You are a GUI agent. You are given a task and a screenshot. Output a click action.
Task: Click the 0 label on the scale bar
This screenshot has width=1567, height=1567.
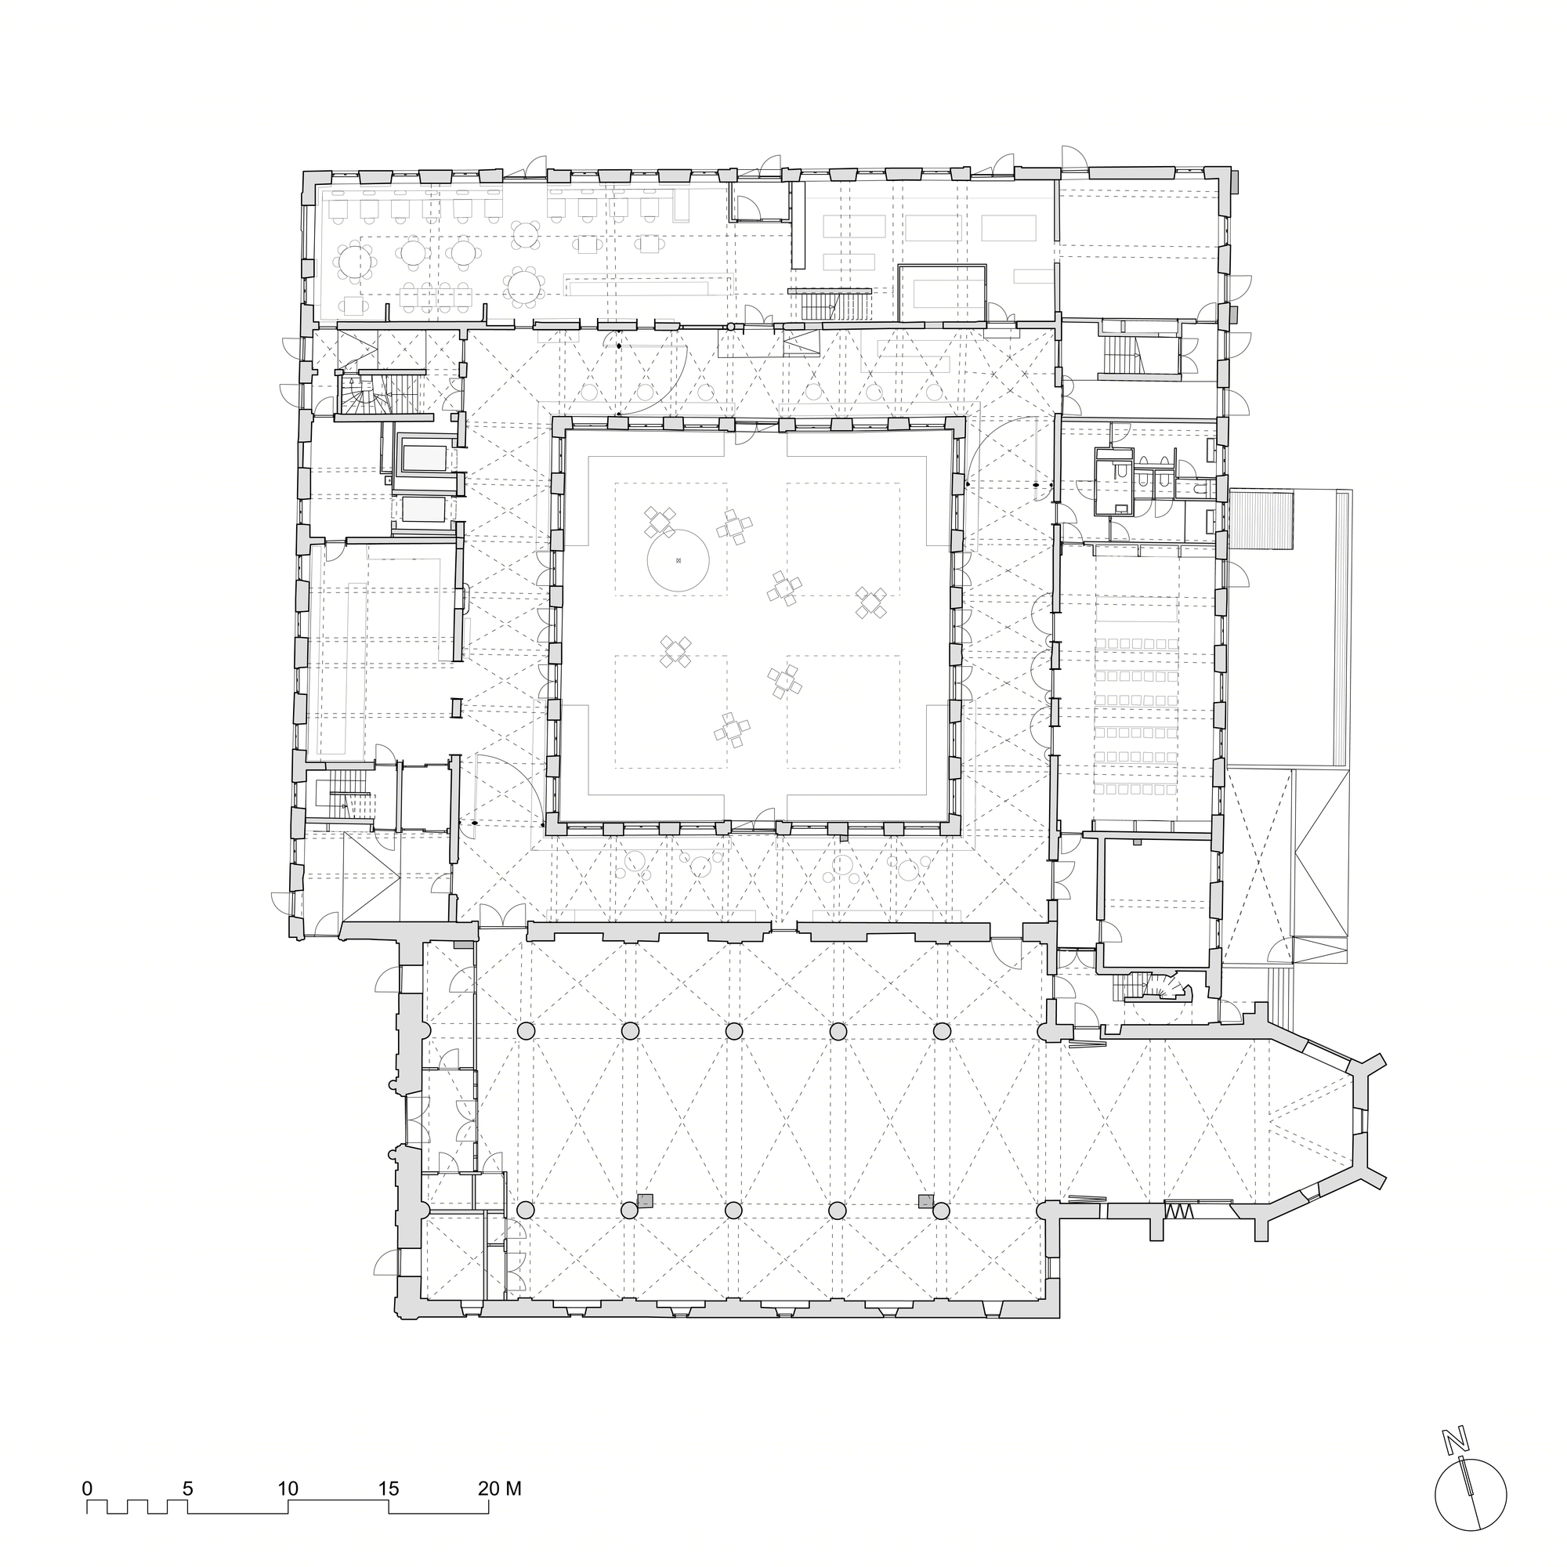tap(87, 1489)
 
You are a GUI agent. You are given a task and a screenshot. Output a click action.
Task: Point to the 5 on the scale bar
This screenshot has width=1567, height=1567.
tap(187, 1489)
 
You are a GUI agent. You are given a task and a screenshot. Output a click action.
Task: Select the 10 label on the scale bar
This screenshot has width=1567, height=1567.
tap(288, 1489)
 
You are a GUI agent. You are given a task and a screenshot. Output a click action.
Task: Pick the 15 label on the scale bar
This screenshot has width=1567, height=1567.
tap(389, 1489)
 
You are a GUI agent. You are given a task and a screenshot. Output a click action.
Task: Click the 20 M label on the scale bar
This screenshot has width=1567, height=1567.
tap(499, 1489)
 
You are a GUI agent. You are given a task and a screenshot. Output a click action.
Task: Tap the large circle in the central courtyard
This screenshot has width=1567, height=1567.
tap(678, 560)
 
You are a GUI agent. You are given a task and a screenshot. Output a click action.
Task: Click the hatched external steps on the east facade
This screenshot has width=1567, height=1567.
tap(1261, 519)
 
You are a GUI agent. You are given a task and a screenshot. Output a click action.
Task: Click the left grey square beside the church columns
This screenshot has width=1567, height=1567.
tap(646, 1201)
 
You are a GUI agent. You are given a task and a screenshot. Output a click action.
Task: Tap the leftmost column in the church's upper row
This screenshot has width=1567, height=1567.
tap(526, 1031)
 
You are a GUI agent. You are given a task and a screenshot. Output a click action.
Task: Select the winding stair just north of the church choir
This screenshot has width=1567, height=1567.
tap(1168, 986)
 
